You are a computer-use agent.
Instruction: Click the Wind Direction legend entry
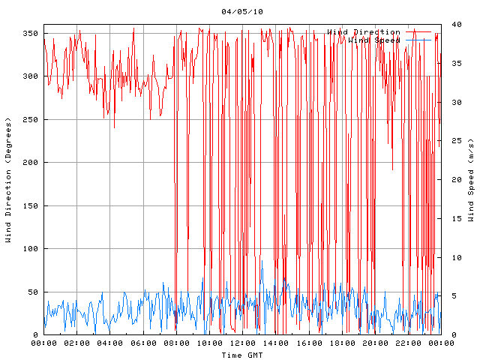363,32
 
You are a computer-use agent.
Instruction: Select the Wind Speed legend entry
374,40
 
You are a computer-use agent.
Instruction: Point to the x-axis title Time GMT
242,355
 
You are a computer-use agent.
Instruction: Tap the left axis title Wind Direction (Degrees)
8,180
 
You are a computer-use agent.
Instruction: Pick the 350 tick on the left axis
30,33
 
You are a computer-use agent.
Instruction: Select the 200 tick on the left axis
30,163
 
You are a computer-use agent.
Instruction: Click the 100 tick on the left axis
30,249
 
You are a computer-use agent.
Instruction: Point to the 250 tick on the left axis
30,119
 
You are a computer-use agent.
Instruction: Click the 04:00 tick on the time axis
110,343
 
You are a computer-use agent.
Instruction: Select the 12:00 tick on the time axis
242,343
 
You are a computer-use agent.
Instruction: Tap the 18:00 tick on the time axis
341,343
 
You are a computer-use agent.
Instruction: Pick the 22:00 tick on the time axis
407,343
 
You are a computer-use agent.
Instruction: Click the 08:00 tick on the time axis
176,343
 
